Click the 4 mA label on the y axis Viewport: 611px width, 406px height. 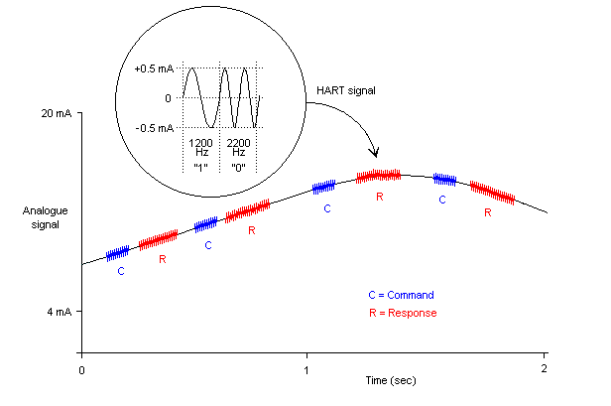(x=58, y=312)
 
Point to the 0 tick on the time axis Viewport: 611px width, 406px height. (x=80, y=370)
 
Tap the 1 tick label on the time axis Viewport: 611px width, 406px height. (x=306, y=370)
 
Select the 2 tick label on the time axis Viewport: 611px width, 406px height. (x=544, y=370)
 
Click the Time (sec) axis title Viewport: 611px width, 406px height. (x=390, y=380)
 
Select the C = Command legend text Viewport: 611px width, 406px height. (x=401, y=295)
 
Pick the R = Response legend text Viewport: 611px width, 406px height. (x=402, y=313)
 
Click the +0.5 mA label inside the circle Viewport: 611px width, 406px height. (x=154, y=68)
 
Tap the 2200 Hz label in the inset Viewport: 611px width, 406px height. (x=238, y=148)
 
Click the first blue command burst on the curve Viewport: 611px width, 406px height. (x=118, y=252)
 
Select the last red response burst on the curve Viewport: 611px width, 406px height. (x=492, y=193)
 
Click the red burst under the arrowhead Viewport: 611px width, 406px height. (x=378, y=175)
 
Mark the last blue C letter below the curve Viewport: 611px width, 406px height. (x=442, y=199)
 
